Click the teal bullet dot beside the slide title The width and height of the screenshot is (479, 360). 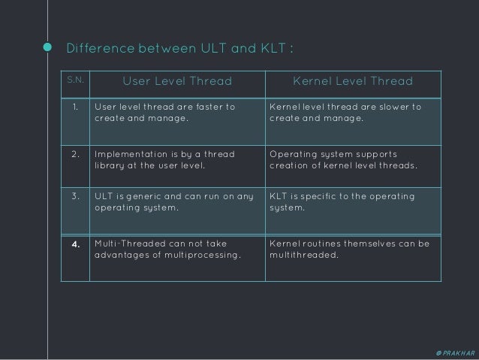48,50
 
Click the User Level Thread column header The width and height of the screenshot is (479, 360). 177,81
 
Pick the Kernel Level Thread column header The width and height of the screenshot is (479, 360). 353,81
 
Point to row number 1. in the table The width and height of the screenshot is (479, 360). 75,107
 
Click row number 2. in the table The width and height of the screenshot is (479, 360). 75,154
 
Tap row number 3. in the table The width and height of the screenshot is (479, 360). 75,197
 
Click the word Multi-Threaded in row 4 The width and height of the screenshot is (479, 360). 132,244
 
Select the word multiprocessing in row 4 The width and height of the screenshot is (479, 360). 203,256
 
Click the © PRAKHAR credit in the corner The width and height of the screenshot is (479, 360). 453,352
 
